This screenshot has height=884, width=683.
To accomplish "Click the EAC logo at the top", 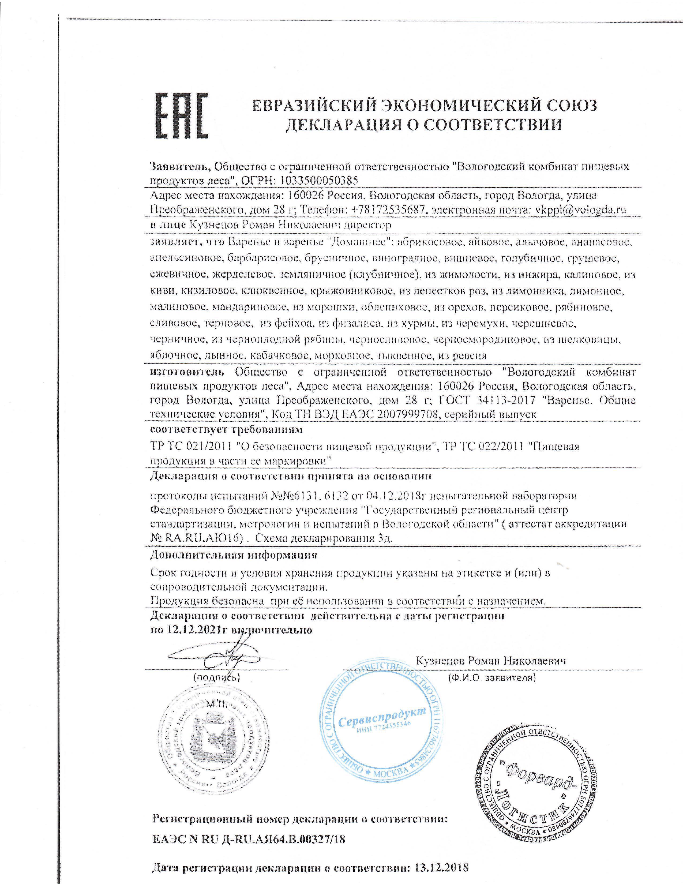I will tap(182, 117).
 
